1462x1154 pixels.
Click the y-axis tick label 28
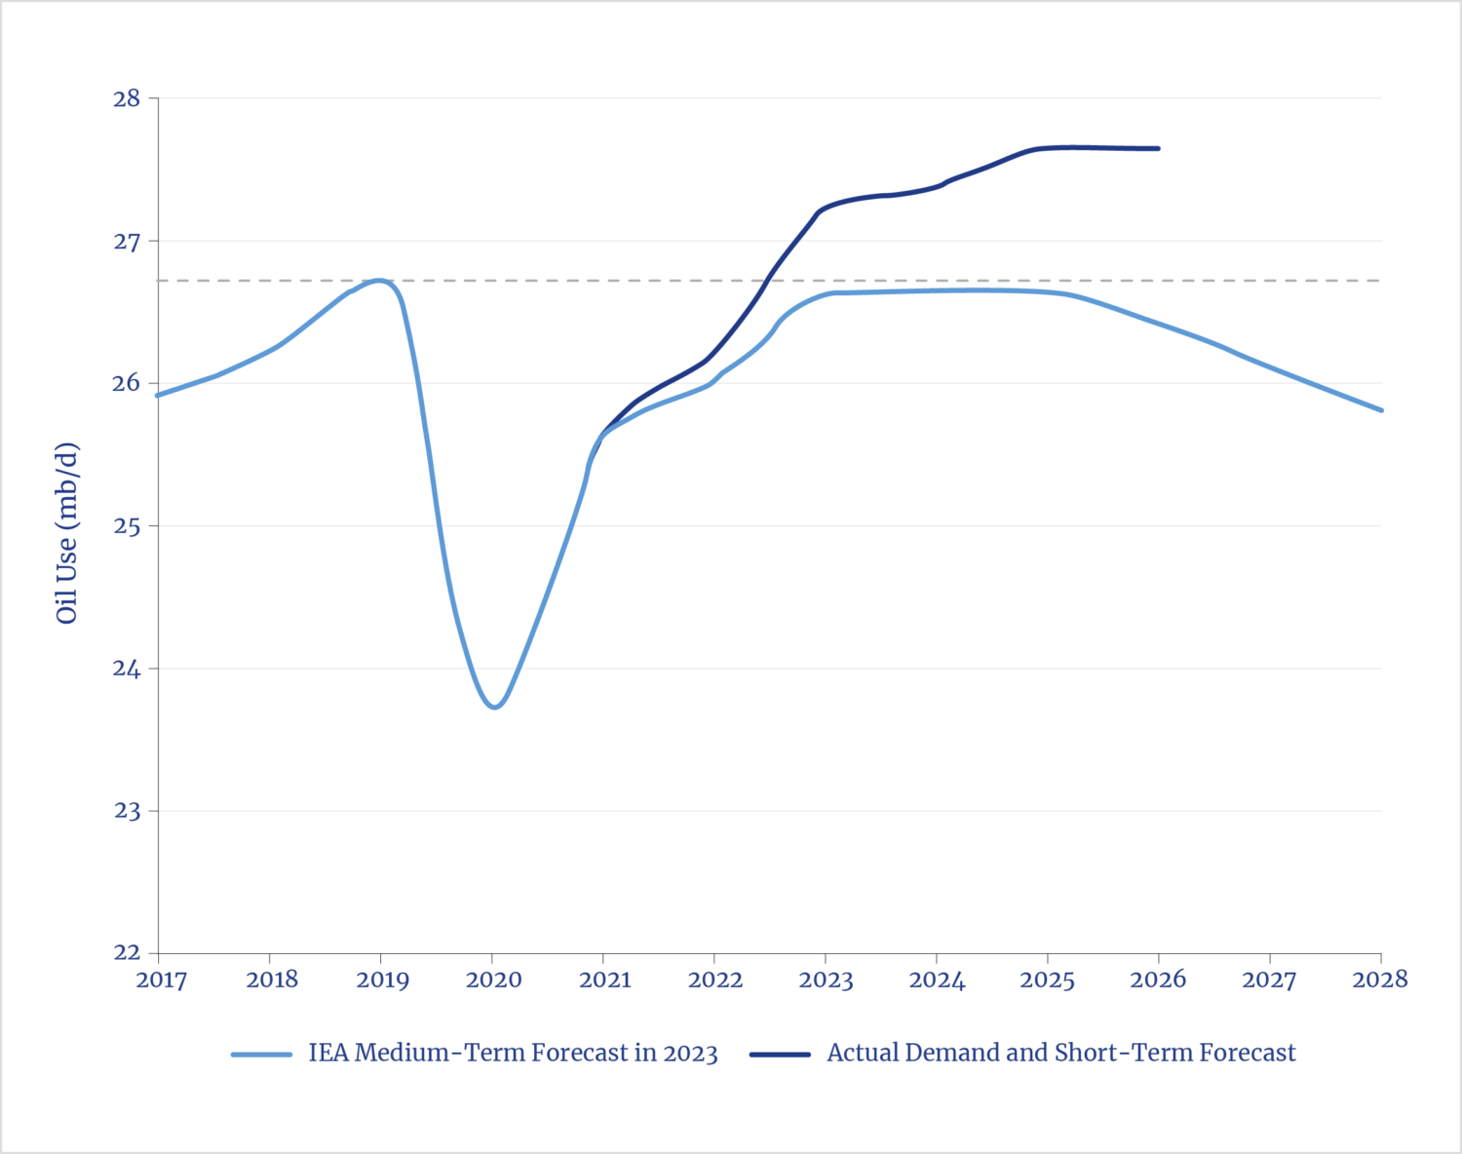pyautogui.click(x=127, y=98)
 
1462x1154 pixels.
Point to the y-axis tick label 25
pyautogui.click(x=127, y=526)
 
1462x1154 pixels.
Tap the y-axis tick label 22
pyautogui.click(x=127, y=952)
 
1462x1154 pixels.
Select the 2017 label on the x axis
pyautogui.click(x=160, y=980)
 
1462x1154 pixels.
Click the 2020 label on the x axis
pyautogui.click(x=493, y=980)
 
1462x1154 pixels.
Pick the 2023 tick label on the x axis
pyautogui.click(x=826, y=980)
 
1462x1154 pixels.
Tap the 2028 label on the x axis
pyautogui.click(x=1379, y=980)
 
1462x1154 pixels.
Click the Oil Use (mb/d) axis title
pyautogui.click(x=67, y=533)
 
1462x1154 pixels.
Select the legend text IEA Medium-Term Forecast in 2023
pyautogui.click(x=513, y=1054)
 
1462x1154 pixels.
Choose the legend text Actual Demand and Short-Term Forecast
pyautogui.click(x=1061, y=1054)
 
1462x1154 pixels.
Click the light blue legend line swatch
pyautogui.click(x=261, y=1055)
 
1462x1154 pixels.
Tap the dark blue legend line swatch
pyautogui.click(x=780, y=1055)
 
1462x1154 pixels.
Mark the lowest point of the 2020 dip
pyautogui.click(x=495, y=707)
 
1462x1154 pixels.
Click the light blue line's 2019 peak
pyautogui.click(x=380, y=281)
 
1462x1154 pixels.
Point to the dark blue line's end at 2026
pyautogui.click(x=1158, y=148)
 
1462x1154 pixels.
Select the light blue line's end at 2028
pyautogui.click(x=1381, y=410)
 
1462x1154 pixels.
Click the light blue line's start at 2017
pyautogui.click(x=158, y=396)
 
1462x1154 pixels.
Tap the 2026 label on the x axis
pyautogui.click(x=1158, y=980)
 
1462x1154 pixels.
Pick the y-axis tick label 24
pyautogui.click(x=127, y=669)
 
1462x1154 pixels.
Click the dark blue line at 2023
pyautogui.click(x=826, y=208)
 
